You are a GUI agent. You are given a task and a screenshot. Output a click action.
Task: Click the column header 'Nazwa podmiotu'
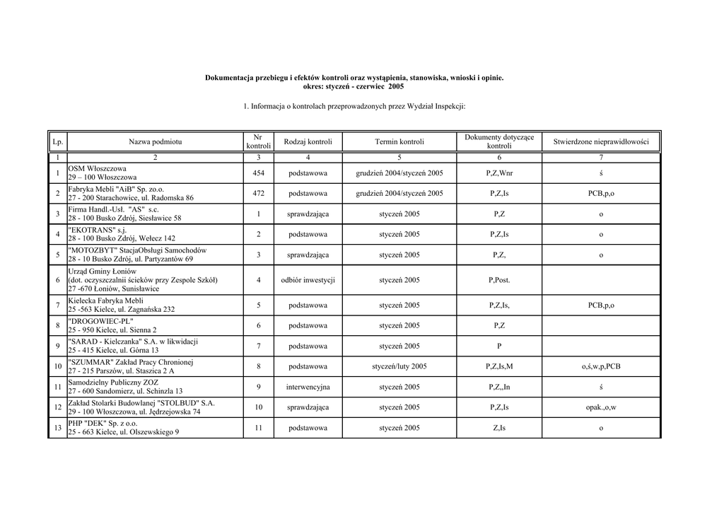[x=155, y=142]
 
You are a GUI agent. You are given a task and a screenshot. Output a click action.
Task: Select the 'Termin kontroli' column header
[x=399, y=142]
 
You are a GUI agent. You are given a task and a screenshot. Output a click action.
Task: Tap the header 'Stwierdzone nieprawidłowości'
[x=600, y=142]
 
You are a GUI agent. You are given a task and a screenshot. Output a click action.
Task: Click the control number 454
[x=259, y=173]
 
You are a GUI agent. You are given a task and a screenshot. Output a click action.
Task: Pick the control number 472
[x=259, y=193]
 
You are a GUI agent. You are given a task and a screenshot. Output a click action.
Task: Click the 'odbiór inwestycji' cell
[x=308, y=280]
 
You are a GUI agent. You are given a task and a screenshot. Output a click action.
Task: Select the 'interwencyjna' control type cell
[x=308, y=387]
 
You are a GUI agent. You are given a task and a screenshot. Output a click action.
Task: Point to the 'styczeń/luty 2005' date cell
[x=399, y=366]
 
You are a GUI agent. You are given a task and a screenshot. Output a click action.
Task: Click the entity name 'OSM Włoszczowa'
[x=98, y=169]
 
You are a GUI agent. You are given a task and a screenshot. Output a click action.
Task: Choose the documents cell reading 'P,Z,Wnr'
[x=499, y=173]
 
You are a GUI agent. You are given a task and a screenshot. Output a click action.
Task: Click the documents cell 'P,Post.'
[x=499, y=280]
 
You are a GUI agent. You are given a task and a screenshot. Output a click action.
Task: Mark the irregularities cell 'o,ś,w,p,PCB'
[x=600, y=366]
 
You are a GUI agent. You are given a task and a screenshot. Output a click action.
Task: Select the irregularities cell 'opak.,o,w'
[x=600, y=407]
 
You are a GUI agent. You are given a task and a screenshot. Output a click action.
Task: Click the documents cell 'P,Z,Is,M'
[x=499, y=366]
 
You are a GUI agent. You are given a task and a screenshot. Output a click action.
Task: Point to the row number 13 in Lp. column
[x=57, y=428]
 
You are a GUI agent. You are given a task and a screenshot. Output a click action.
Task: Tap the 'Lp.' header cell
[x=57, y=142]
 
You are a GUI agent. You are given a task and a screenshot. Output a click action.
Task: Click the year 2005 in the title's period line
[x=396, y=86]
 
